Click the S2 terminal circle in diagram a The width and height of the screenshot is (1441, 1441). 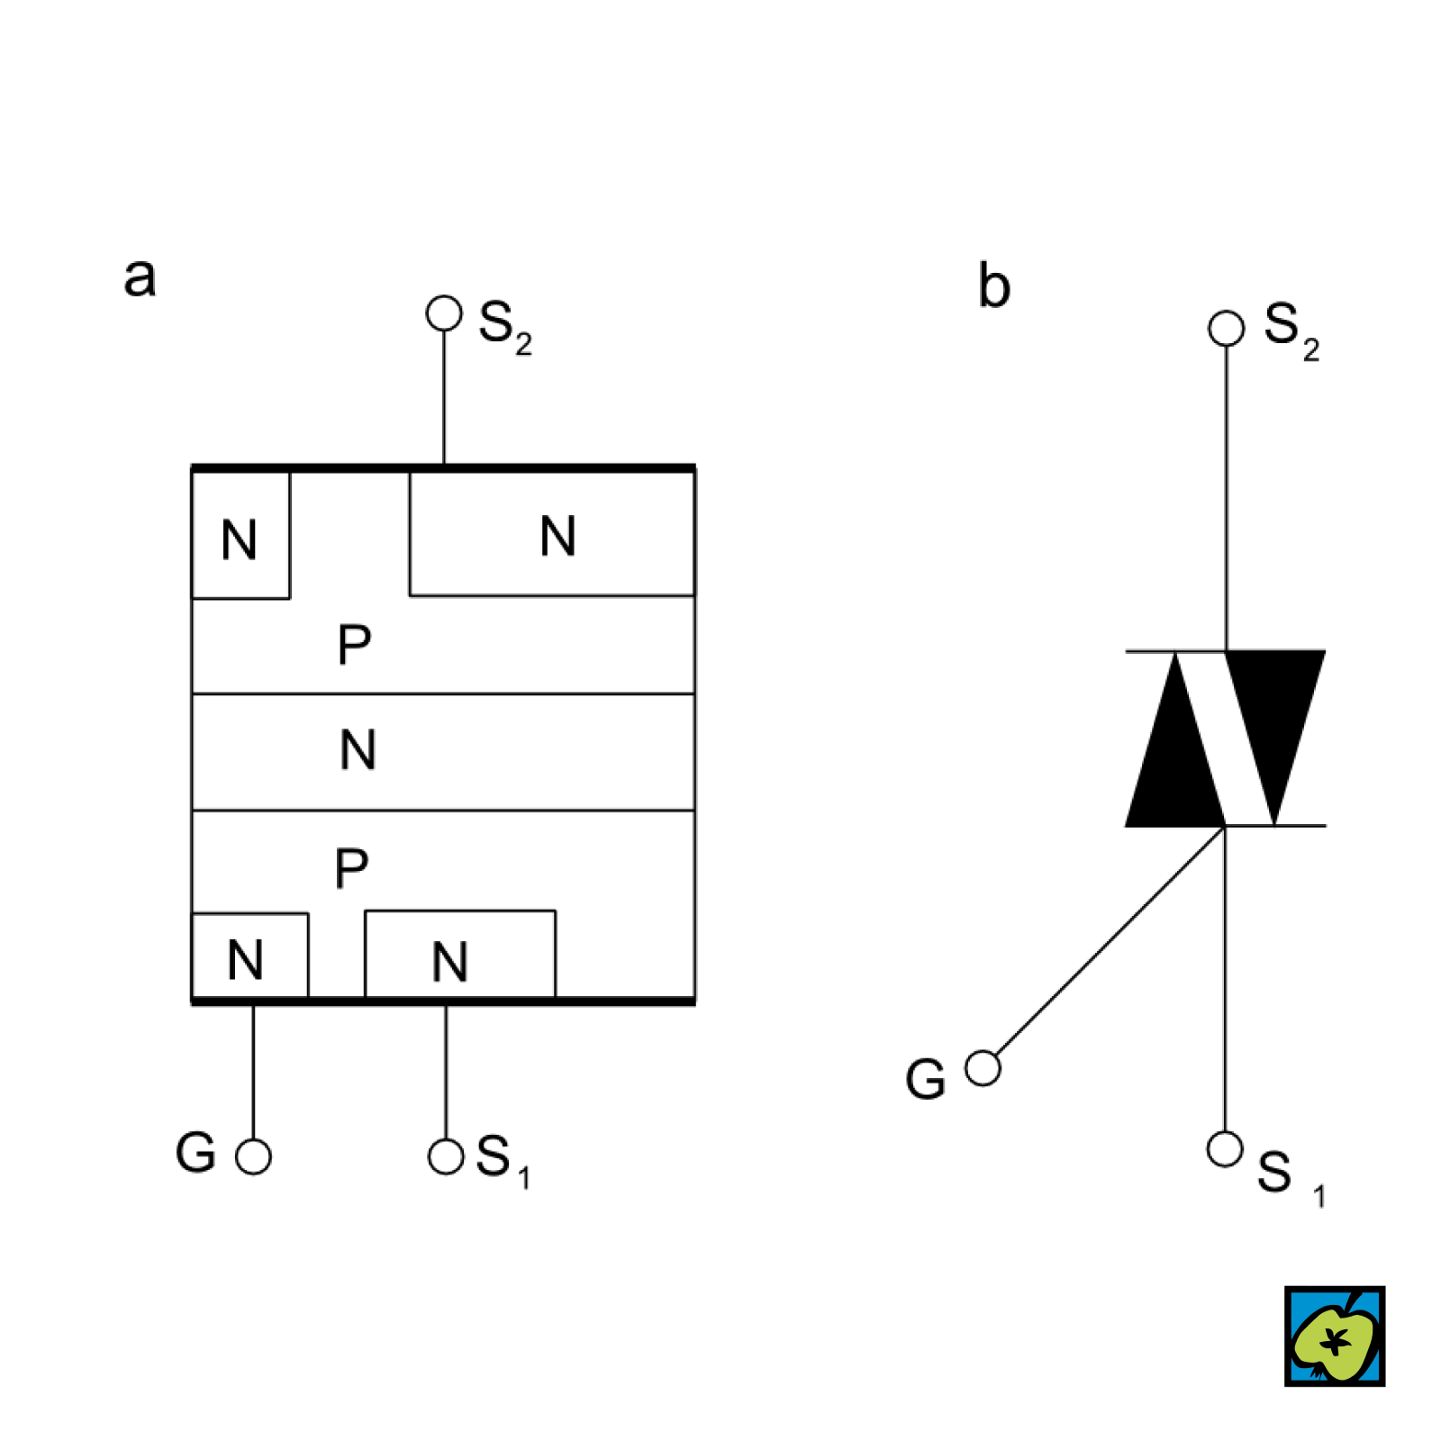pyautogui.click(x=444, y=313)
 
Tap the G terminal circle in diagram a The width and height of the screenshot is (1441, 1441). pyautogui.click(x=253, y=1156)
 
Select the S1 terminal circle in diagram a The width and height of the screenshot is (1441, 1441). pyautogui.click(x=446, y=1156)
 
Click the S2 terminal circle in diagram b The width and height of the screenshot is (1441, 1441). pyautogui.click(x=1226, y=328)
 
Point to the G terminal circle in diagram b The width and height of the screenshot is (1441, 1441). pyautogui.click(x=983, y=1068)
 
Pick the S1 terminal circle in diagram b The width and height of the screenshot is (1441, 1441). pyautogui.click(x=1225, y=1149)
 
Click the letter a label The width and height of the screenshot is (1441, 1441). pyautogui.click(x=140, y=277)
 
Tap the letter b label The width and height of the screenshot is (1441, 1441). pyautogui.click(x=994, y=286)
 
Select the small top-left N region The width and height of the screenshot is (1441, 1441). pyautogui.click(x=240, y=539)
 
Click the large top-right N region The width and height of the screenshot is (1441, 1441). pyautogui.click(x=557, y=535)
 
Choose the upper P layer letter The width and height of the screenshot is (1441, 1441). pyautogui.click(x=354, y=645)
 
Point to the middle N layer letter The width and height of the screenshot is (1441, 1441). pyautogui.click(x=358, y=749)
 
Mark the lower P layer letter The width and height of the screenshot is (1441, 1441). pyautogui.click(x=351, y=868)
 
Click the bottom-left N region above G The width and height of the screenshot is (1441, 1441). pyautogui.click(x=246, y=958)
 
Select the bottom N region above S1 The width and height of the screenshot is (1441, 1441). pyautogui.click(x=450, y=960)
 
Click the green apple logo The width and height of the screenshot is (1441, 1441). pyautogui.click(x=1335, y=1337)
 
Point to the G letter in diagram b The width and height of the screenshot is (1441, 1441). pyautogui.click(x=926, y=1079)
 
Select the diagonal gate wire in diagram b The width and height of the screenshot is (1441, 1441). pyautogui.click(x=1108, y=946)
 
